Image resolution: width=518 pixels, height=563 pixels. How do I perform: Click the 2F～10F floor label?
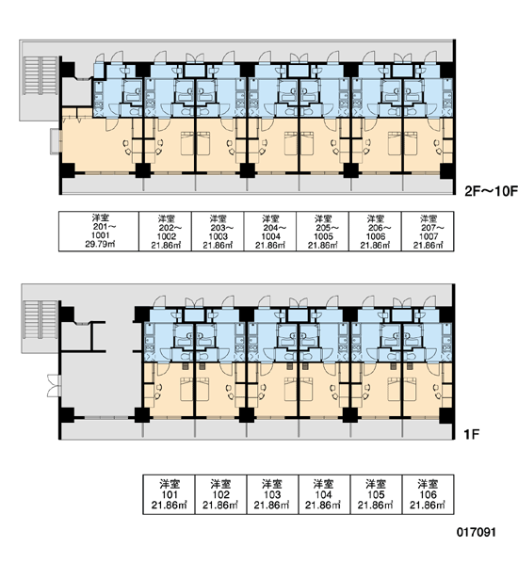tap(491, 191)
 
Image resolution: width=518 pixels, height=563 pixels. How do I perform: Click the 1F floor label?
tap(471, 435)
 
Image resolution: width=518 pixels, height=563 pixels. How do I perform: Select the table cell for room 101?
tap(169, 494)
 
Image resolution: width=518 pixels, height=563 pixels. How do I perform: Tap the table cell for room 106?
tap(428, 494)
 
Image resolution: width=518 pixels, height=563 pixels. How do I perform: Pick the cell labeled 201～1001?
tap(99, 232)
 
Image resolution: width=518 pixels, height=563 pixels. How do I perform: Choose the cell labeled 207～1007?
tap(428, 232)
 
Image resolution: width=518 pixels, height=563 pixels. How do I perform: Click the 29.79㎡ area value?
tap(100, 245)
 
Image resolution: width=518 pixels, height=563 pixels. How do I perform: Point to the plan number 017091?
tap(476, 532)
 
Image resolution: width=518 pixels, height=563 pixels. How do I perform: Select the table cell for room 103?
tap(272, 494)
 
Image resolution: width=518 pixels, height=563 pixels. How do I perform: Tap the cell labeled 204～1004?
tap(270, 232)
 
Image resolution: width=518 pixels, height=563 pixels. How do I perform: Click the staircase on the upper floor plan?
tap(40, 75)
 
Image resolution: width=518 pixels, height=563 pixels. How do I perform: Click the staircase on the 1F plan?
tap(40, 319)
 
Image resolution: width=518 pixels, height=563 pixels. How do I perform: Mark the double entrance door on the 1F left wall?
tap(54, 386)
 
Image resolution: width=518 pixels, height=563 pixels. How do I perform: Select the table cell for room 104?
tap(324, 494)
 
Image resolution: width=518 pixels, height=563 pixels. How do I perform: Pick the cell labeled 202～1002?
tap(165, 232)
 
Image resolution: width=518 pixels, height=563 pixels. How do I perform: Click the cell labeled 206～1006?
tap(375, 232)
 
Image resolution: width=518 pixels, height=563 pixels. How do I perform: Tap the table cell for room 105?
tap(376, 494)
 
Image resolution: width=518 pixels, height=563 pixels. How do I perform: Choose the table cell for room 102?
tap(221, 494)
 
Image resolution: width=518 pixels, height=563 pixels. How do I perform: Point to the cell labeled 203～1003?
tap(218, 232)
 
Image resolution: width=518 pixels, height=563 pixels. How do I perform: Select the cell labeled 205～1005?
tap(323, 232)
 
